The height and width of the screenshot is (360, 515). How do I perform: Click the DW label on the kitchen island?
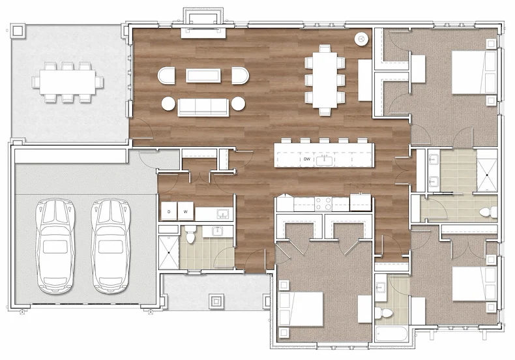coord(307,159)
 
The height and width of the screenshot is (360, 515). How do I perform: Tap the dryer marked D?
coord(169,211)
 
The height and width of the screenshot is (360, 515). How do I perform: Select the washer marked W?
coord(186,211)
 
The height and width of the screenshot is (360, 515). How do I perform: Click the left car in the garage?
coord(55,246)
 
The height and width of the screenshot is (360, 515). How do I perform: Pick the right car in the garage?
coord(111,246)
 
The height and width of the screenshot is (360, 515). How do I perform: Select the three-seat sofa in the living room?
coord(203,107)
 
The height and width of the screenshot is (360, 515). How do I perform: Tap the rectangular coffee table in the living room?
coord(203,76)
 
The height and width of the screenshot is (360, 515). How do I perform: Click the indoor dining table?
coord(325,80)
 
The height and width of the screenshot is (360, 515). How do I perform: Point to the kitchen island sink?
coord(324,160)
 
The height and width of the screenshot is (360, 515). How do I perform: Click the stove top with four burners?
coord(323,203)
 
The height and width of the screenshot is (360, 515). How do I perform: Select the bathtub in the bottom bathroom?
coord(392,334)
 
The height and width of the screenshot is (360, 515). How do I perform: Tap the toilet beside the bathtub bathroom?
coord(384,312)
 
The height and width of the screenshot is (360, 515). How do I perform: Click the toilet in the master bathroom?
coord(488,211)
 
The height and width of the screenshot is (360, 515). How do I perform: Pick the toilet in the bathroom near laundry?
coord(190,234)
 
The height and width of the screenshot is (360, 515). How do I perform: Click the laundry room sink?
coord(223,214)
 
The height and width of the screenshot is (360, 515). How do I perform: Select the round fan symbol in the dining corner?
coord(361,39)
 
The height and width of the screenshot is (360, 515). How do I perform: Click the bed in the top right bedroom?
coord(474,72)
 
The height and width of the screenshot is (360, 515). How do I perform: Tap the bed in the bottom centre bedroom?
coord(301,309)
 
